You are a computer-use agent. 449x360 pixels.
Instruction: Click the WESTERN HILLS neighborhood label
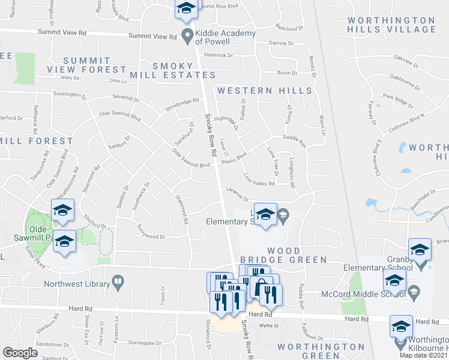265,91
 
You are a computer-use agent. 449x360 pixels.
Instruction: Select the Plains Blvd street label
234,158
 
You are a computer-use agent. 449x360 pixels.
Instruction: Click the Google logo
20,352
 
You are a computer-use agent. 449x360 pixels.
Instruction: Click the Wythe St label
273,326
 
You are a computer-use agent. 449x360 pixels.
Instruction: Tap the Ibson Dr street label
286,73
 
